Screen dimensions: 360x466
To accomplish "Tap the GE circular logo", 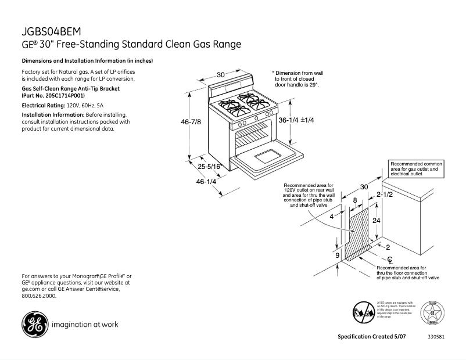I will point(34,325).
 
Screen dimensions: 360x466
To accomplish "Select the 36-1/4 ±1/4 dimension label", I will point(296,120).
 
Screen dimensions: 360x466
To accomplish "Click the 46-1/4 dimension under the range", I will point(206,182).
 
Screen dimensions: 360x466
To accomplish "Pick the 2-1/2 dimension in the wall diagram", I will point(385,195).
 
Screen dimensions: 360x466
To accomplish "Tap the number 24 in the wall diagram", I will point(376,221).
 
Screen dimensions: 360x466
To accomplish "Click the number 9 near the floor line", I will point(336,254).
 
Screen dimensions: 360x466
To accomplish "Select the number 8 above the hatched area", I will point(355,200).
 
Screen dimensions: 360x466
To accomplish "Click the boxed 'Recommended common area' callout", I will point(415,169).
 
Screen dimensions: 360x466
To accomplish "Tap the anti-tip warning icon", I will point(363,312).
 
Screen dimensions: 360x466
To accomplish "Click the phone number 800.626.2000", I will point(39,296).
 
